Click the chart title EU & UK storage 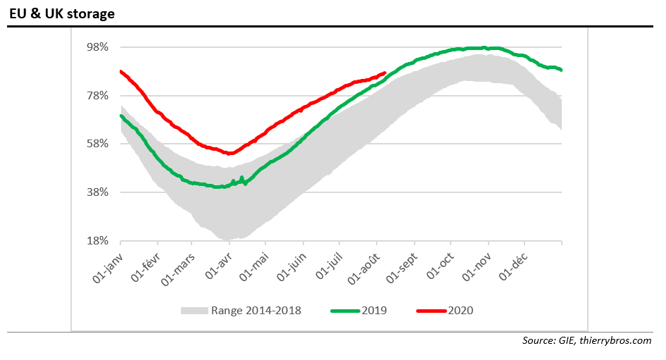tap(62, 13)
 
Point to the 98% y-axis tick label tap(96, 47)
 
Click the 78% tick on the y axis tap(96, 96)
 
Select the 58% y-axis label tap(96, 144)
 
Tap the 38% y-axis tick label tap(96, 192)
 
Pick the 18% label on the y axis tap(96, 241)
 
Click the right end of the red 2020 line tap(384, 73)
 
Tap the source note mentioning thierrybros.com tap(586, 342)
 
